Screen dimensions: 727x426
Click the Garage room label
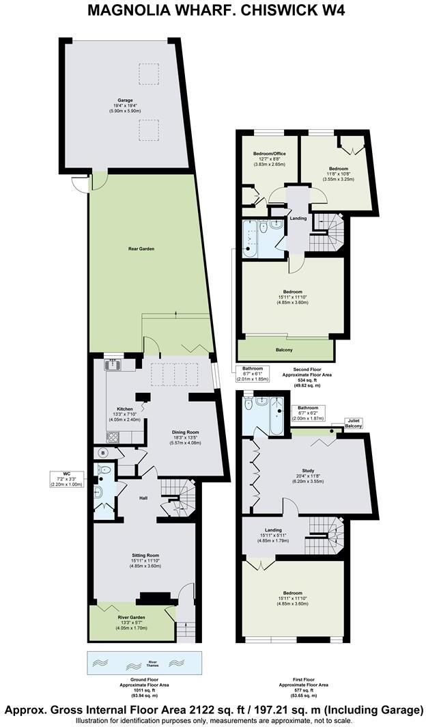124,105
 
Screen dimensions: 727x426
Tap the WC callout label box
66,479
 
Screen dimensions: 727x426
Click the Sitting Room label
145,560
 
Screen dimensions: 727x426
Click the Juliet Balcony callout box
353,426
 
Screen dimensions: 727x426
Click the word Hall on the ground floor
143,497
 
